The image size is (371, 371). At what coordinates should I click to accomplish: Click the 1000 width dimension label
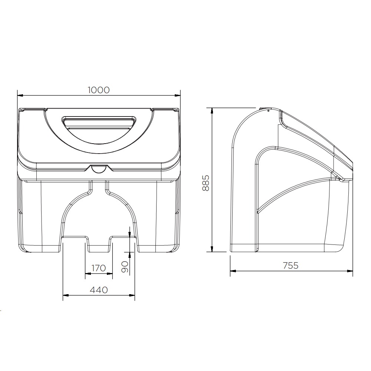[99, 90]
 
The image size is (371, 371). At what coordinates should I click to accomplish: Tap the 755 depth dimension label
[290, 265]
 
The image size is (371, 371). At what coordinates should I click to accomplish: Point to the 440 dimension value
[99, 290]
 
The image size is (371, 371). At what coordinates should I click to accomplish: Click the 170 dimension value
[98, 268]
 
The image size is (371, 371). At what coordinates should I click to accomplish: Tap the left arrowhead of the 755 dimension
[233, 271]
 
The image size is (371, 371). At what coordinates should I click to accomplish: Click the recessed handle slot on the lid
[99, 123]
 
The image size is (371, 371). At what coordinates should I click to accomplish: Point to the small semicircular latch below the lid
[99, 169]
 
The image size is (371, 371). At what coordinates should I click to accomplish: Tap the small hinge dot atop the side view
[268, 110]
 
